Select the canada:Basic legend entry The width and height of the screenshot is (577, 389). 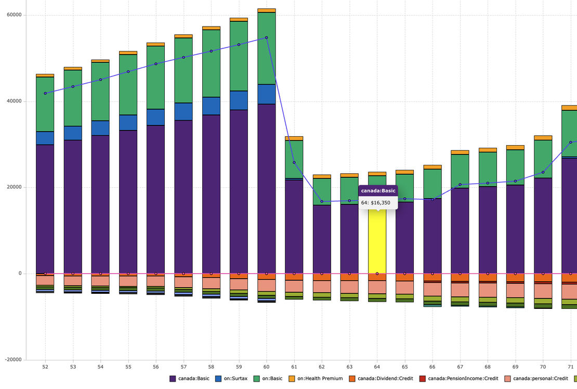190,379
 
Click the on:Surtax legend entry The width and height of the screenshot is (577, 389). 231,379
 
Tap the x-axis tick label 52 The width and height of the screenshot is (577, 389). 45,367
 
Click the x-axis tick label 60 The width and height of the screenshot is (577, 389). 267,367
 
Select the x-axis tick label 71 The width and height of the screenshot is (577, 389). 571,367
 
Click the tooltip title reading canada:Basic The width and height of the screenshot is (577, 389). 378,191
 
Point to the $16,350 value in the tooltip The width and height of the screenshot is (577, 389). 387,202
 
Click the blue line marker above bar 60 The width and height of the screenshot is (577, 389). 267,37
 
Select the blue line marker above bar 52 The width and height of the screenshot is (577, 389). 45,93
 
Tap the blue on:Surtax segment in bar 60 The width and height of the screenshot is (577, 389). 267,94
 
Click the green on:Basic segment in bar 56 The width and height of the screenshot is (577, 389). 156,77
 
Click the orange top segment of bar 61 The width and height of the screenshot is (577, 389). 294,138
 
